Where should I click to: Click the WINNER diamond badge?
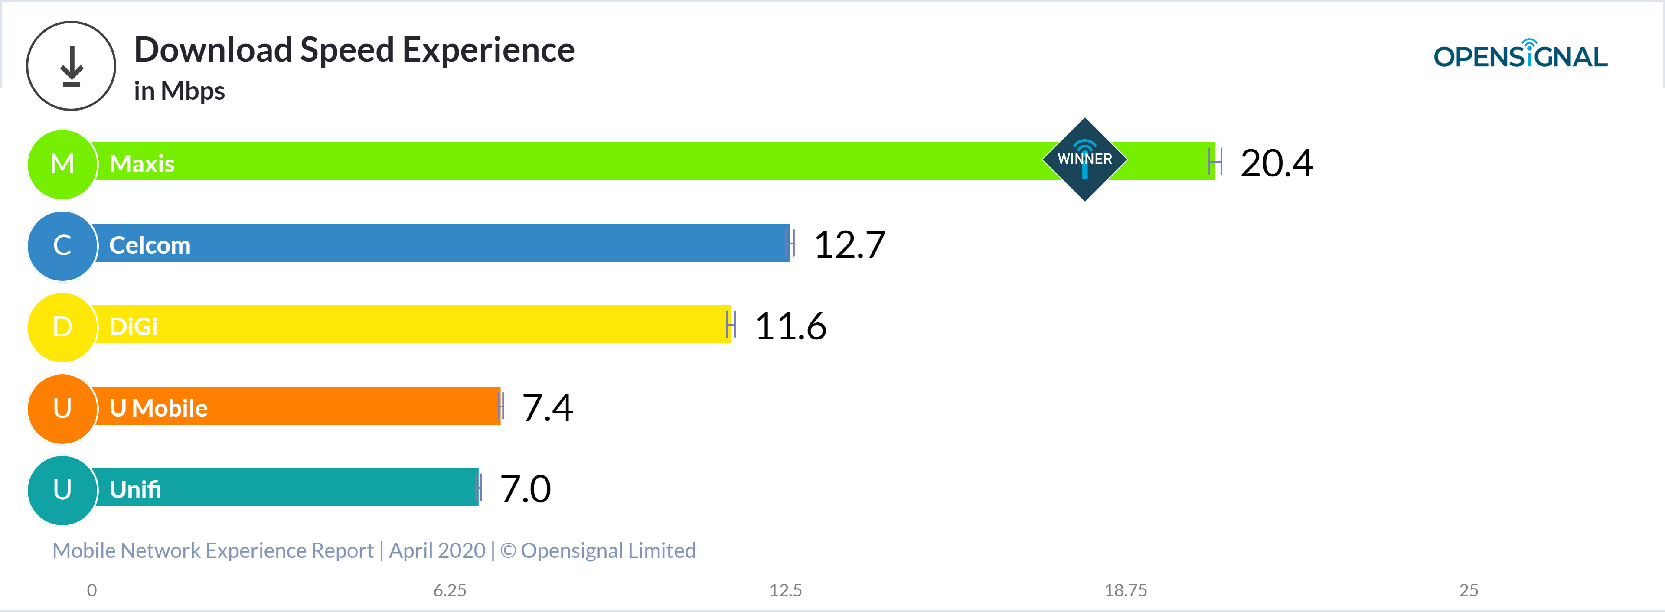[1084, 160]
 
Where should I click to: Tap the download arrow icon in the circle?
[71, 66]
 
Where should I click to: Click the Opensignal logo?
[1520, 55]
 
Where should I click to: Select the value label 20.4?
[1276, 163]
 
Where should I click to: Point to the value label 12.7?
[849, 244]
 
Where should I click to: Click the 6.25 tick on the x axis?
[450, 590]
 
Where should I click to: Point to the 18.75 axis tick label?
[1125, 590]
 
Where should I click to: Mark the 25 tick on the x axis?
[1469, 590]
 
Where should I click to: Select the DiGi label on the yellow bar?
[133, 327]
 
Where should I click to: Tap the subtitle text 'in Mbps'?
[180, 91]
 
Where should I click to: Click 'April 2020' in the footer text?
[437, 550]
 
